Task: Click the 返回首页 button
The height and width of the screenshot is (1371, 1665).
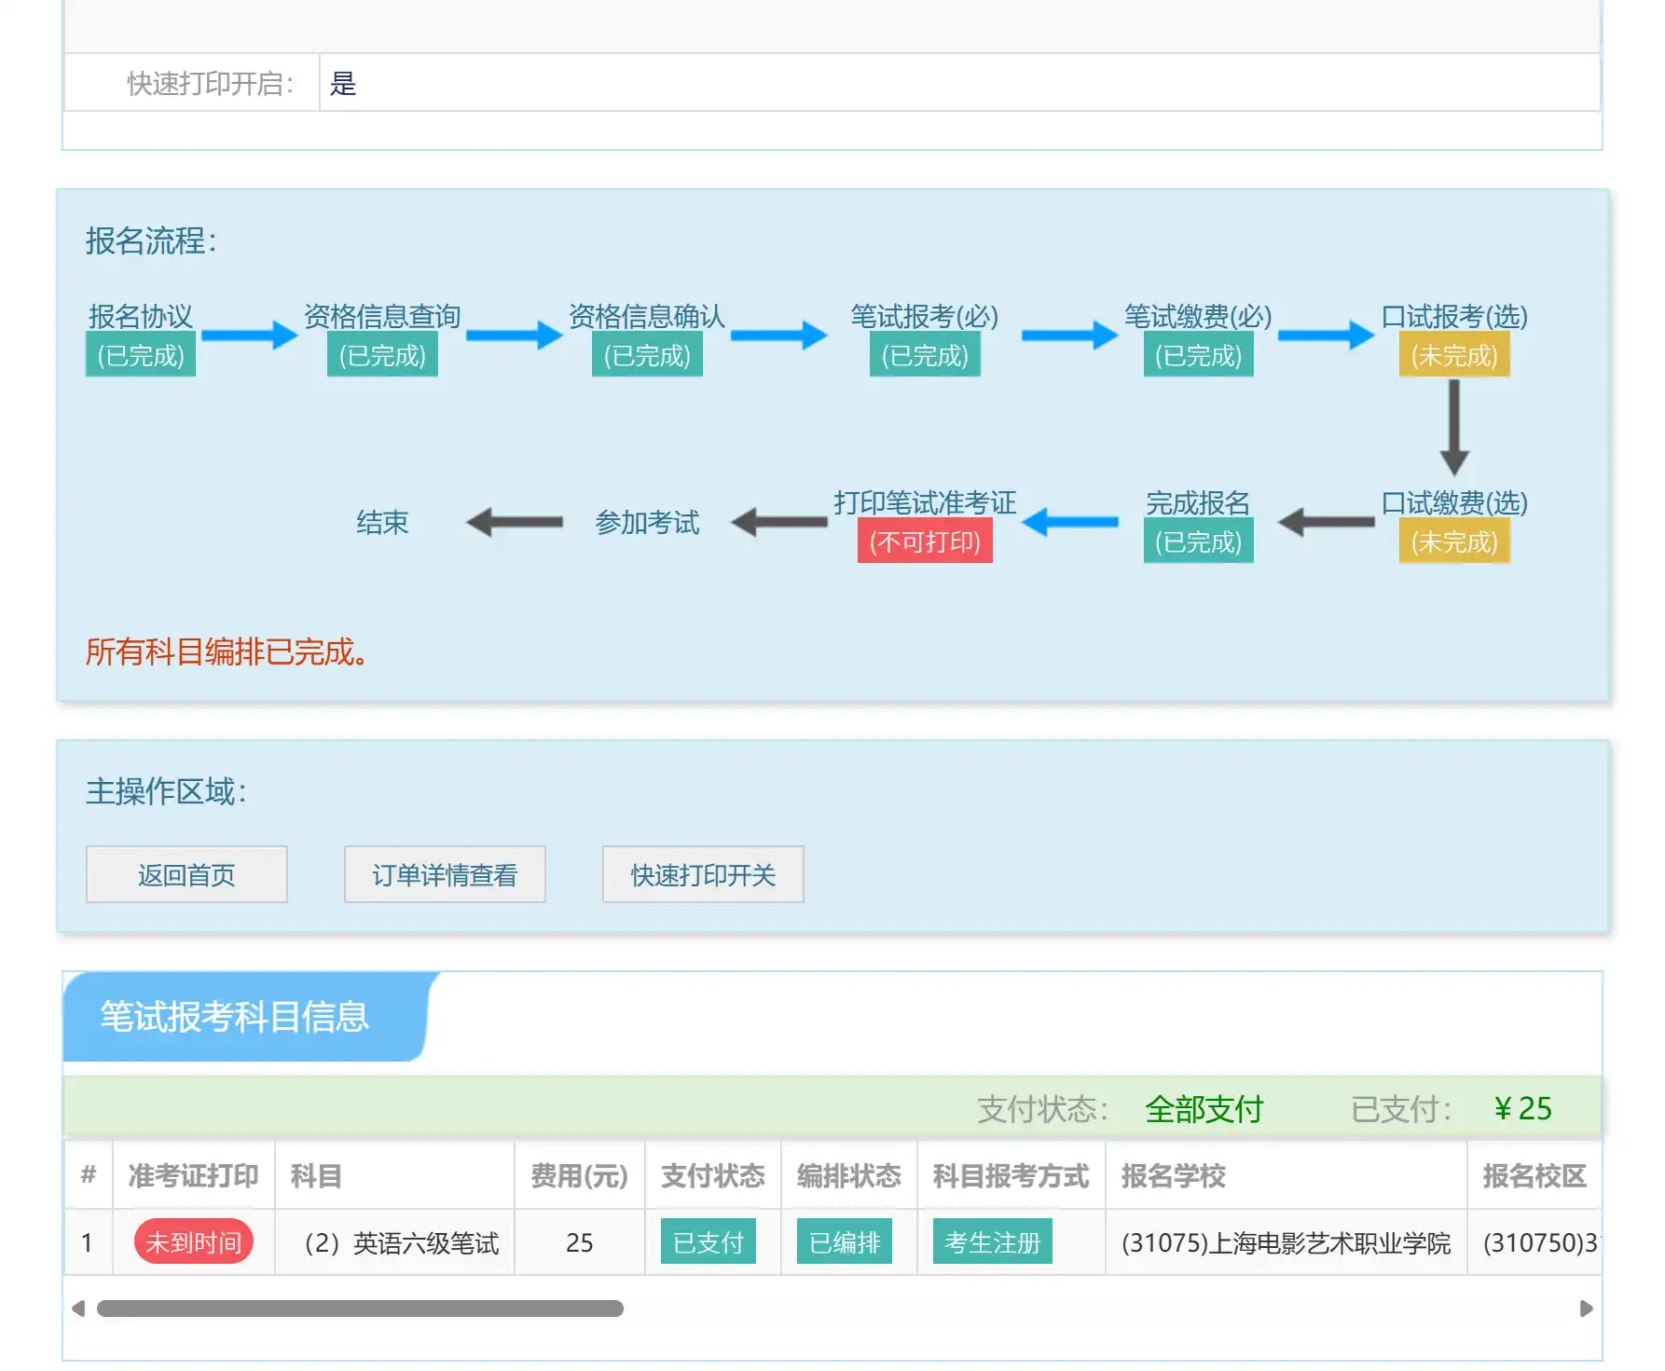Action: [x=186, y=874]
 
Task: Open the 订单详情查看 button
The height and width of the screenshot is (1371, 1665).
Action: [x=445, y=874]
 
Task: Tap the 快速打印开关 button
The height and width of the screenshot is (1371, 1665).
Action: [x=703, y=874]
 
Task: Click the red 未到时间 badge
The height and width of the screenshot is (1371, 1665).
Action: [x=194, y=1242]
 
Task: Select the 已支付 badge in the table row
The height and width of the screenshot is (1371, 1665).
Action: [x=709, y=1242]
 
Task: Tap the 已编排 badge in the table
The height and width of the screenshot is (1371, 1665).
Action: [x=845, y=1242]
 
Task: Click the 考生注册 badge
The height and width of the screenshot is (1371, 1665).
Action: [x=993, y=1242]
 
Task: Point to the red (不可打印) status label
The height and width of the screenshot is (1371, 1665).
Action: [x=925, y=542]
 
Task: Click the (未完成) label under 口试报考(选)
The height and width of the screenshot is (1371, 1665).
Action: [x=1454, y=355]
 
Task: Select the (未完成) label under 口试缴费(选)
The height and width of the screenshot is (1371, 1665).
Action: [x=1454, y=542]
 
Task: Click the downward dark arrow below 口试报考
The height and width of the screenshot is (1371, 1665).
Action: [x=1454, y=428]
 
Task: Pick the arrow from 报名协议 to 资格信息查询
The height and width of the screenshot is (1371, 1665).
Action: [x=250, y=335]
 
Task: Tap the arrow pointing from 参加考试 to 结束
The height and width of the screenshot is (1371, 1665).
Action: [x=515, y=522]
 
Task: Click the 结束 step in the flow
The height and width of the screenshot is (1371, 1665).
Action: [x=382, y=522]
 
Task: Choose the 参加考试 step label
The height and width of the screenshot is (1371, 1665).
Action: [x=647, y=522]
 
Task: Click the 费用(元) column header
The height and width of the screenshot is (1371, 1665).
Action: [x=579, y=1175]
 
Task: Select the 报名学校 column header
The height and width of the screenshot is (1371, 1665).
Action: [x=1173, y=1175]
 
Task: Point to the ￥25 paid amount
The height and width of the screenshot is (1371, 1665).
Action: [x=1522, y=1108]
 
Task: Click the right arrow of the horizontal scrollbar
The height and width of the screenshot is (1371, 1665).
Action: [x=1586, y=1309]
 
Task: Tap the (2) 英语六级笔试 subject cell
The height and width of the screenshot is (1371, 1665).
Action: [x=402, y=1242]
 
